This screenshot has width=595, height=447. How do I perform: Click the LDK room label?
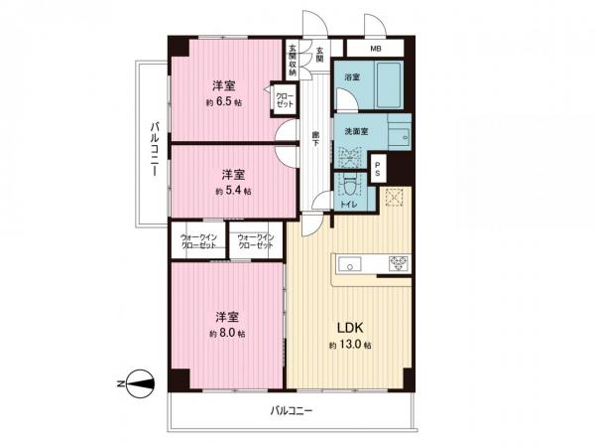pos(349,327)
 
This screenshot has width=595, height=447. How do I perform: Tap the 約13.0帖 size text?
pos(350,345)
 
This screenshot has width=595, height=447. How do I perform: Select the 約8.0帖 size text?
pos(223,334)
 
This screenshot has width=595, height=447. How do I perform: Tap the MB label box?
pos(376,49)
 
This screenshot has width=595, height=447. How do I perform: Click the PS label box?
pos(379,168)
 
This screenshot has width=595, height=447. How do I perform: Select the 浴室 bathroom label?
pos(351,76)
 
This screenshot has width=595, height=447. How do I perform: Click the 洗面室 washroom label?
pos(357,130)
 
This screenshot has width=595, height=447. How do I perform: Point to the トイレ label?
pos(348,203)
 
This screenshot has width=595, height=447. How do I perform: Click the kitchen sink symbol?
pos(350,263)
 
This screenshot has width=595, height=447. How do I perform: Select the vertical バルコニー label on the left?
pos(155,149)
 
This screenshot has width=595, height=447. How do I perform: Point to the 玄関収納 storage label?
pos(293,62)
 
